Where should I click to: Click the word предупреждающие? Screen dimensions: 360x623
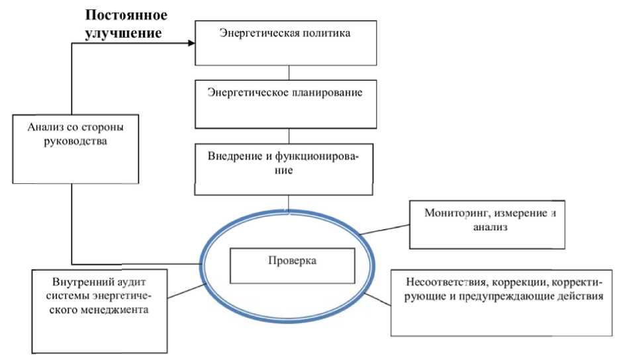pos(518,296)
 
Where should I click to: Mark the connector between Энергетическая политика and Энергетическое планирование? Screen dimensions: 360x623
pos(289,71)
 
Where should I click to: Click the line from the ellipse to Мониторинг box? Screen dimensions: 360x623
pos(385,226)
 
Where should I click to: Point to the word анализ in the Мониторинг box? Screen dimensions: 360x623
pos(489,229)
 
